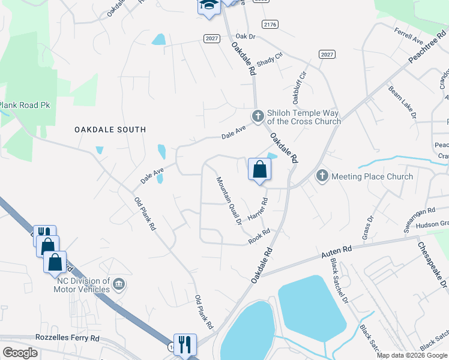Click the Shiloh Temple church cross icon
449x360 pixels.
[258, 115]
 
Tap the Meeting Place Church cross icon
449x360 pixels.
[322, 176]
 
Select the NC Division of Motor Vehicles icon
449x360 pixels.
[119, 283]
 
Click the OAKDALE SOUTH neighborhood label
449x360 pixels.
[110, 129]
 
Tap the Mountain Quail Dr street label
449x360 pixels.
[229, 200]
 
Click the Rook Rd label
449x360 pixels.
[260, 236]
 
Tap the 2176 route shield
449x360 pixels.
[270, 23]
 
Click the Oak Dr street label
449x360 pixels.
[246, 37]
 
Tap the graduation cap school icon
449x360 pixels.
[208, 5]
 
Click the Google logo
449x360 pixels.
[20, 353]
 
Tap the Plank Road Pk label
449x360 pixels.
[25, 105]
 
